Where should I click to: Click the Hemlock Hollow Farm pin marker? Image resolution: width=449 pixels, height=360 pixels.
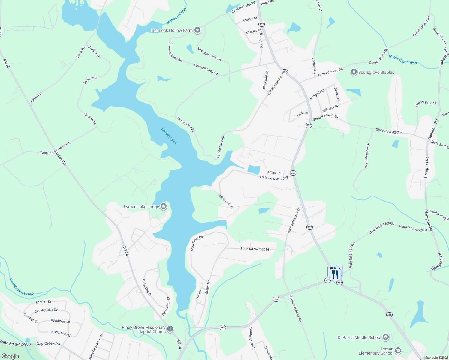(197, 30)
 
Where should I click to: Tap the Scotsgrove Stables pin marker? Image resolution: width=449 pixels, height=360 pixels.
(354, 72)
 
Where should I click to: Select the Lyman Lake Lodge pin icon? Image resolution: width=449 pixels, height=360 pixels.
(164, 206)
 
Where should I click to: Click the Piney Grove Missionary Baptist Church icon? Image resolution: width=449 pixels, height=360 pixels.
(170, 329)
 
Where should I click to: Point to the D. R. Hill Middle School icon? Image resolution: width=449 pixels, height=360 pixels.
(386, 337)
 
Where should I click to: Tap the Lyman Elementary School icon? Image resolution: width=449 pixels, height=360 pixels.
(398, 351)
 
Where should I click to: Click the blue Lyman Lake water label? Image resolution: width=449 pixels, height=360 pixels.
(169, 136)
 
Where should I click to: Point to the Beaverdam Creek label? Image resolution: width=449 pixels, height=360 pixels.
(21, 288)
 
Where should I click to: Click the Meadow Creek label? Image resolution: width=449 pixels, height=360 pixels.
(176, 16)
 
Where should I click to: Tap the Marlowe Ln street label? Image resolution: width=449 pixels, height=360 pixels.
(226, 201)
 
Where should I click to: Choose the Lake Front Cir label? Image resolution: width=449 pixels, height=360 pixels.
(197, 243)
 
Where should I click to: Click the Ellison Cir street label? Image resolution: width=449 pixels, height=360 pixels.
(275, 173)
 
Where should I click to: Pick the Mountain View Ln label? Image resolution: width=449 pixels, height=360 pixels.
(209, 54)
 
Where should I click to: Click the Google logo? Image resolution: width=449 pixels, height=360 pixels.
(10, 356)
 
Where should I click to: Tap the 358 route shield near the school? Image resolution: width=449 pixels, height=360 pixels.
(389, 315)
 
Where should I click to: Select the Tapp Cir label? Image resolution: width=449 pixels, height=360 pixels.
(47, 153)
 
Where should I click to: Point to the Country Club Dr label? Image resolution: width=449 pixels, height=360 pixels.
(46, 310)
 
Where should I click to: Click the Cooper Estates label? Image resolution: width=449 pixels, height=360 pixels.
(426, 103)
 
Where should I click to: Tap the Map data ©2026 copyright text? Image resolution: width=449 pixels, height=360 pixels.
(436, 358)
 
